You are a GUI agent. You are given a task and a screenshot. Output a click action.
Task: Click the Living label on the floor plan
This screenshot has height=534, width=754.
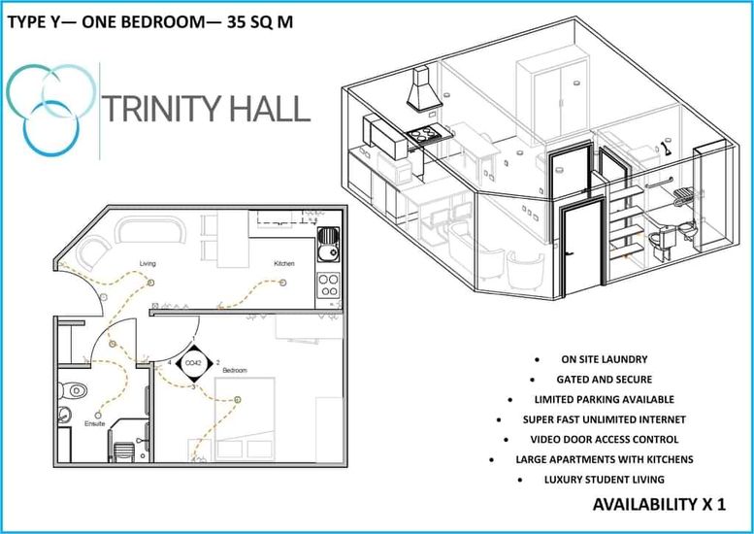(x=148, y=264)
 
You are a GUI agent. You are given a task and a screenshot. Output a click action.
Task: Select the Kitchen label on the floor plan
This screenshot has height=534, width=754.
(x=284, y=264)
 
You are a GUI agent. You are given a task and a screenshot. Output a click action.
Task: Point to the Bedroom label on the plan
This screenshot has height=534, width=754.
(x=235, y=371)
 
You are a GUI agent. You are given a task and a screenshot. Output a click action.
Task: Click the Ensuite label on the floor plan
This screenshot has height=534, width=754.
(x=95, y=424)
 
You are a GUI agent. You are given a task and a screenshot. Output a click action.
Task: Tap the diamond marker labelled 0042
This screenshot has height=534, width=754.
(x=193, y=363)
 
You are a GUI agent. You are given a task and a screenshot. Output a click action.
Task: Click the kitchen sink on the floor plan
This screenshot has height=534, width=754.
(x=328, y=245)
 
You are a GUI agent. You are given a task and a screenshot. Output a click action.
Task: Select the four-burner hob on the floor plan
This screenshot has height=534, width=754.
(x=328, y=285)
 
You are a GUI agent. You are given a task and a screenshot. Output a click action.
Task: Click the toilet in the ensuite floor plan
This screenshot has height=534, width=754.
(x=72, y=390)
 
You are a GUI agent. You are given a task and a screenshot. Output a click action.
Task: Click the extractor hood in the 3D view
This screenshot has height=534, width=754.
(x=424, y=89)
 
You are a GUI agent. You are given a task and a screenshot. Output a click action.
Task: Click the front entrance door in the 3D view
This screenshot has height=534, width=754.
(x=581, y=247)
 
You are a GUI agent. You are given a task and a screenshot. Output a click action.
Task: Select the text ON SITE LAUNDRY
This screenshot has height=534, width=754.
(x=604, y=359)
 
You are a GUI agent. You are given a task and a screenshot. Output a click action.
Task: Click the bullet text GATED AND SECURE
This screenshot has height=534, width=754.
(x=604, y=380)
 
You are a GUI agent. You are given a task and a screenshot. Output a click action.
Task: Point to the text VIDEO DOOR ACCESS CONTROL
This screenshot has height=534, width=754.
(x=604, y=440)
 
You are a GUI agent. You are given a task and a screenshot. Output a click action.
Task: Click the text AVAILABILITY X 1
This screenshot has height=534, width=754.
(x=659, y=504)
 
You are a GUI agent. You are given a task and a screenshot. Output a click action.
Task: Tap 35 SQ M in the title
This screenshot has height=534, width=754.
(x=260, y=21)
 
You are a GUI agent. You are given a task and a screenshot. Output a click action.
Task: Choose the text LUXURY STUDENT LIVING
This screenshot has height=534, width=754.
(x=604, y=480)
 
